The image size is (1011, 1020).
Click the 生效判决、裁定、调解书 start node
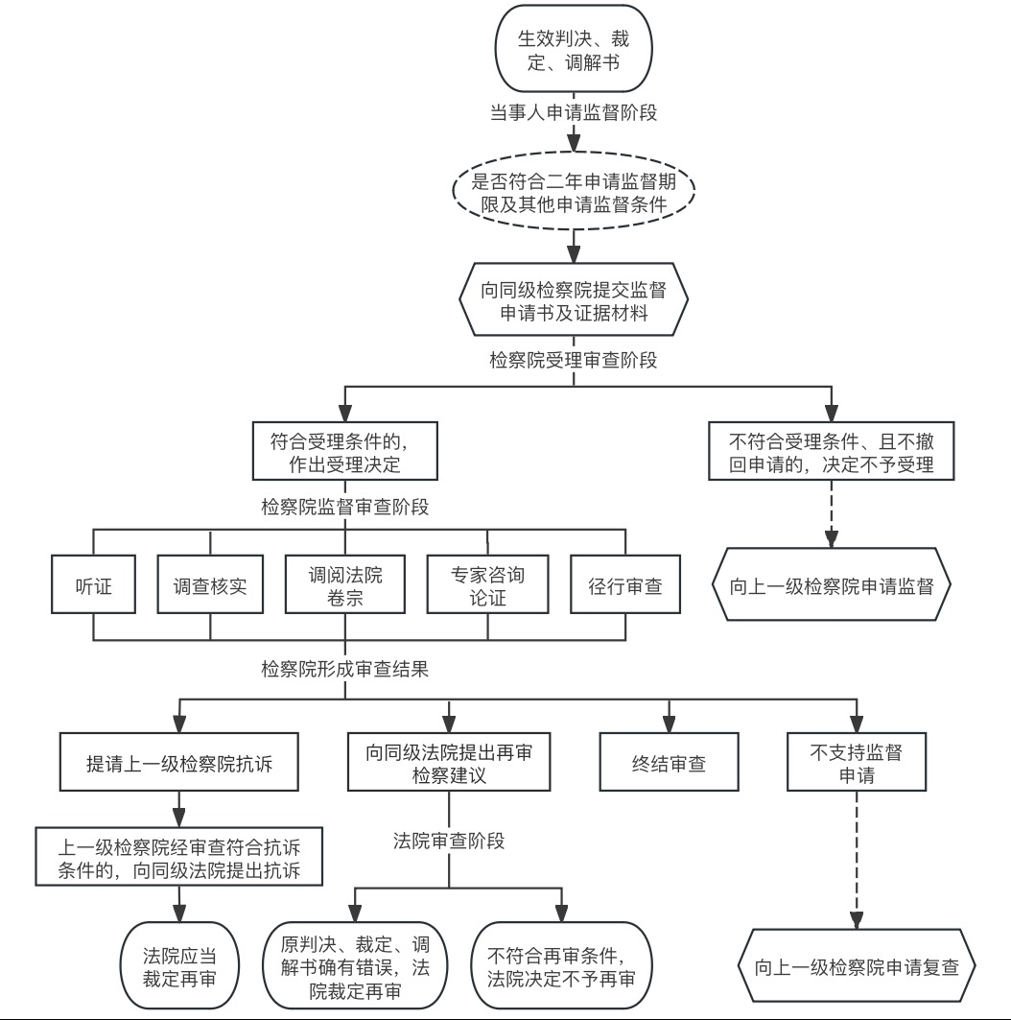[573, 54]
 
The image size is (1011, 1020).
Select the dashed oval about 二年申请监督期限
[573, 194]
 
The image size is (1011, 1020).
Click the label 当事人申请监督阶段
[574, 111]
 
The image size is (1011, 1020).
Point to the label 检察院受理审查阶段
[574, 361]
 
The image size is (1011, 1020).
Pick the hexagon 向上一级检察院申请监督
[832, 584]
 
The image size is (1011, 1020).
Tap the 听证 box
[94, 584]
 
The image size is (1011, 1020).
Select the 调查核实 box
[210, 584]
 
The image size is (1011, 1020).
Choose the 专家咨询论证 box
[487, 584]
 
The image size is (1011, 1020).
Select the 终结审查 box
[669, 764]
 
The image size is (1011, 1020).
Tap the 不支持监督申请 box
[856, 764]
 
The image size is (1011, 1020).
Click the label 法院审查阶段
[449, 842]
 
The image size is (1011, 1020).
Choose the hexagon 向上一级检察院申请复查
[857, 966]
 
